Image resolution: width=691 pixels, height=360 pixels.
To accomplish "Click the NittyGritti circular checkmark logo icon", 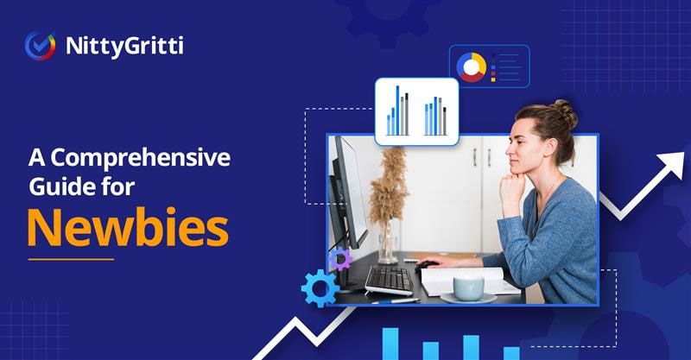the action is click(40, 46).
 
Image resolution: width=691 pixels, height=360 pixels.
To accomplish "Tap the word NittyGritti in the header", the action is click(124, 47).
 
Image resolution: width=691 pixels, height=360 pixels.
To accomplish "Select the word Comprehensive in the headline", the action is click(141, 159).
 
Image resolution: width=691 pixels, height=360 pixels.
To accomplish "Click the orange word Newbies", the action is click(128, 228).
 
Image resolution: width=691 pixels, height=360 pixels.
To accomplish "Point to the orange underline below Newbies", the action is click(71, 259).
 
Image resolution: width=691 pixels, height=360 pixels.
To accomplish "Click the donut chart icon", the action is click(471, 67).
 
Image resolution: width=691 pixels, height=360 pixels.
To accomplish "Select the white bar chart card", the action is click(417, 111).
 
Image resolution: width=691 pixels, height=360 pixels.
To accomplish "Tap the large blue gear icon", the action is click(320, 288).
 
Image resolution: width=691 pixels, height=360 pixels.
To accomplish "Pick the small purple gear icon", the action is click(340, 259).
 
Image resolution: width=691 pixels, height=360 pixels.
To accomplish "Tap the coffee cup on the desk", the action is click(468, 288).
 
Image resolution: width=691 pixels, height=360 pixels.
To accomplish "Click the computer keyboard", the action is click(390, 280).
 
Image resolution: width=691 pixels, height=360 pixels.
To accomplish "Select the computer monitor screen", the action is click(350, 190).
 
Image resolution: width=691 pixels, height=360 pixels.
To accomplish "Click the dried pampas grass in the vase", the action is click(388, 185).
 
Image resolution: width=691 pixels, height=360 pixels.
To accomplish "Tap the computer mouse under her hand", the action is click(426, 264).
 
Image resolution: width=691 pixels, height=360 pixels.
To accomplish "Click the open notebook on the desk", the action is click(469, 281).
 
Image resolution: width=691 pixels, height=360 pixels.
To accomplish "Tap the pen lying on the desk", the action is click(396, 301).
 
